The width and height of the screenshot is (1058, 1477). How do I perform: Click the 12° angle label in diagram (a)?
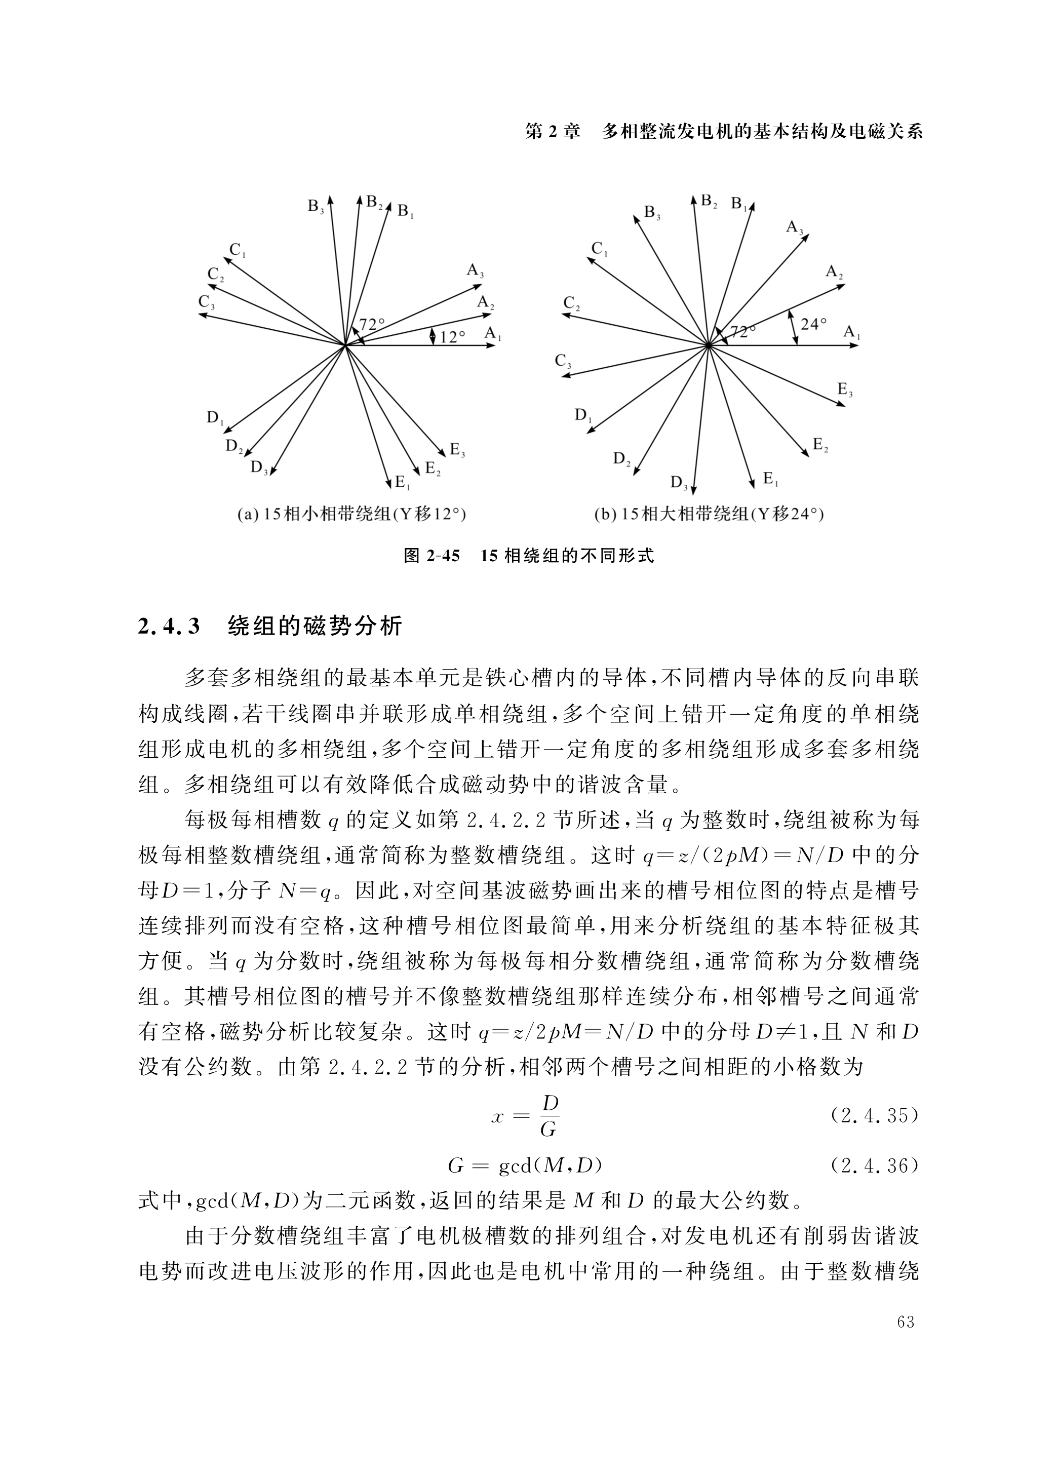click(452, 337)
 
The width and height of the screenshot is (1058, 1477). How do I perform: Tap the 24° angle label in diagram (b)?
click(813, 324)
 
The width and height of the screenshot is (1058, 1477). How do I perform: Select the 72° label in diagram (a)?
click(372, 324)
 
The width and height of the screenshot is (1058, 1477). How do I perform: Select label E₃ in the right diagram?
click(845, 390)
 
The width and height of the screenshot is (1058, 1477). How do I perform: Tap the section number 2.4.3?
click(168, 627)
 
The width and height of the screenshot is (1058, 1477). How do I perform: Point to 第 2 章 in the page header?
click(552, 132)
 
